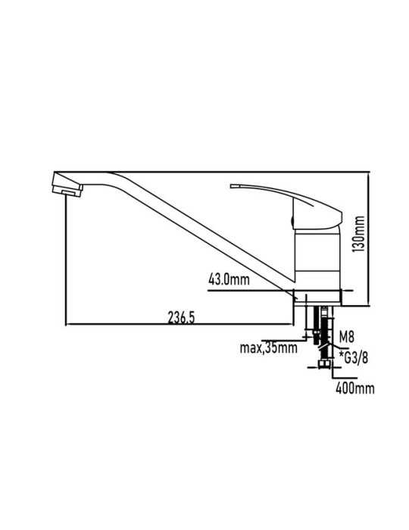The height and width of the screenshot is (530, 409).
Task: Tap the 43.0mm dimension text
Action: click(229, 279)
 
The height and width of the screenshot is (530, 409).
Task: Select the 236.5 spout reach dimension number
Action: click(181, 318)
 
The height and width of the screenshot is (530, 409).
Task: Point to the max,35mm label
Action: click(269, 348)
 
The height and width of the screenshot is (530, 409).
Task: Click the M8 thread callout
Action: click(346, 337)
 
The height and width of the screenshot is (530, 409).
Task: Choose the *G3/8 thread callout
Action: click(353, 357)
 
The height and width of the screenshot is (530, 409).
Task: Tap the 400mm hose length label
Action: click(355, 388)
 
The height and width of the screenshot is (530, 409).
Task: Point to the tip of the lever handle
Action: click(231, 185)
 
